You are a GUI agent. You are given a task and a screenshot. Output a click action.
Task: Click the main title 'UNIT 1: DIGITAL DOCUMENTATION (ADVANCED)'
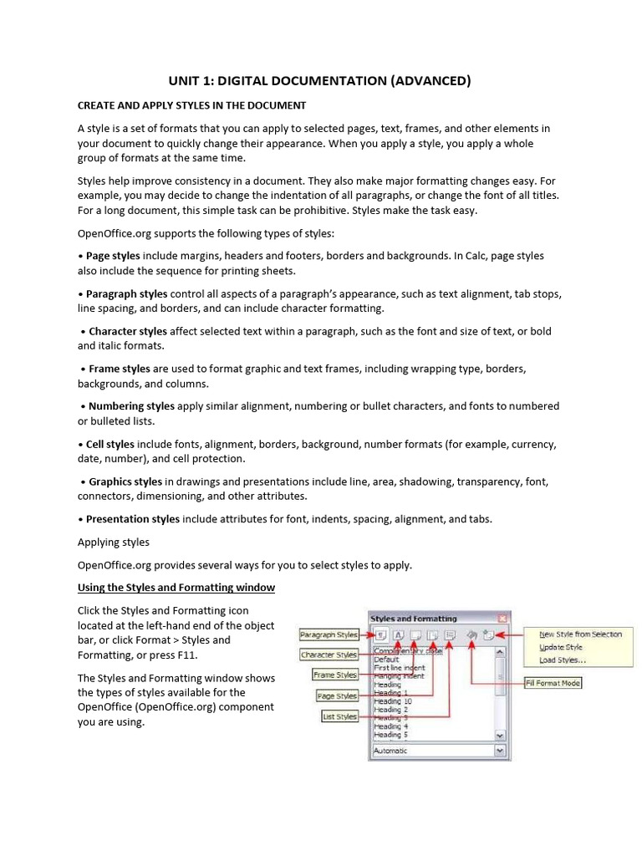coord(321,81)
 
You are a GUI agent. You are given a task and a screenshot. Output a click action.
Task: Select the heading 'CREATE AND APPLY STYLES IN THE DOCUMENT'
coord(191,105)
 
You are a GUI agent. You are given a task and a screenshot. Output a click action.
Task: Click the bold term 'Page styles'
coord(113,256)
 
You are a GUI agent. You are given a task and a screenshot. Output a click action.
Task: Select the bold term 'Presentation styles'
coord(132,519)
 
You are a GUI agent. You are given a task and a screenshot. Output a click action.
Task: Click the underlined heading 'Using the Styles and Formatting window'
coord(176,588)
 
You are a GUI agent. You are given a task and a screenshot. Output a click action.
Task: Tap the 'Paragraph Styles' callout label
coord(329,635)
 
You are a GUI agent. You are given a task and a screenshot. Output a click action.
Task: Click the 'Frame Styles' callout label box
coord(335,675)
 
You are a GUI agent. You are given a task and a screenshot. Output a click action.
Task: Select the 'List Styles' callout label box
coord(339,716)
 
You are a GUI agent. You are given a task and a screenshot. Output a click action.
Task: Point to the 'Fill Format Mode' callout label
coord(553,683)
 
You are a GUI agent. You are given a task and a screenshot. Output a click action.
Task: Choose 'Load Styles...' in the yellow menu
coord(563,660)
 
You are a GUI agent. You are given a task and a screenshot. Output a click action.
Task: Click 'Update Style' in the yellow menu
coord(561,647)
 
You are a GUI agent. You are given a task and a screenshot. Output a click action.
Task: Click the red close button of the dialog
coord(502,619)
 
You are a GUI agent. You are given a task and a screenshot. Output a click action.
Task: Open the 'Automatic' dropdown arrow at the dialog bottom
coord(500,751)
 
